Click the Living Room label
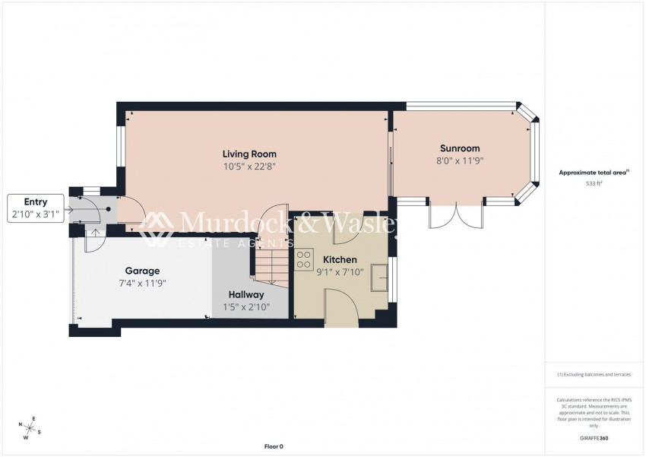pos(249,154)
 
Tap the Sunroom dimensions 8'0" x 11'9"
pos(460,160)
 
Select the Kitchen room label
pos(340,259)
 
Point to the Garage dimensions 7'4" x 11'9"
pos(142,283)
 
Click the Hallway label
pos(246,295)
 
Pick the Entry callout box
pos(36,208)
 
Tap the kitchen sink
pos(378,278)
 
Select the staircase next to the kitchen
pos(270,266)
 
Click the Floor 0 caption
pos(273,446)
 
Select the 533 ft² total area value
pos(594,184)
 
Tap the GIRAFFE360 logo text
pos(594,438)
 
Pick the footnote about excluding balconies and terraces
pos(594,374)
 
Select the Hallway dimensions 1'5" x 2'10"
pos(246,307)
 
